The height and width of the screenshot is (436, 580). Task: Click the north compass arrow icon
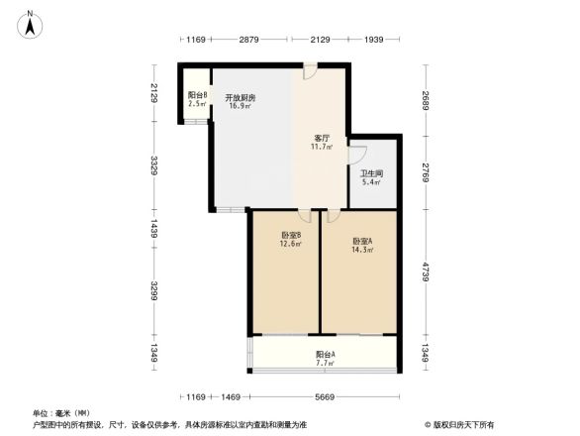tap(32, 23)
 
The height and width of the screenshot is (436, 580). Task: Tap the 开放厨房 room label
tap(240, 97)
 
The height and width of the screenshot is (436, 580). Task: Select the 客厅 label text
tap(322, 138)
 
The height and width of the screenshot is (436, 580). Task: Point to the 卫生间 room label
tap(371, 173)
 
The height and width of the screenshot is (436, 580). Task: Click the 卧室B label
tap(290, 235)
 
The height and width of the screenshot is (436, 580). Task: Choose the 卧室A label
tap(363, 241)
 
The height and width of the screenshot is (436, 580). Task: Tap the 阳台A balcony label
tap(325, 354)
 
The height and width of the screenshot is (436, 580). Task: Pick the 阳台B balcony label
tap(197, 95)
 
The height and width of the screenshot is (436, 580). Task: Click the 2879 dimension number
tap(248, 40)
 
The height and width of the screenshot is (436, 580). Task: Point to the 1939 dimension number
tap(374, 40)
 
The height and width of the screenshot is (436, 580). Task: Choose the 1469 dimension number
tap(231, 396)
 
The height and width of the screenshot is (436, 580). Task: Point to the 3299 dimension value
tap(154, 292)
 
